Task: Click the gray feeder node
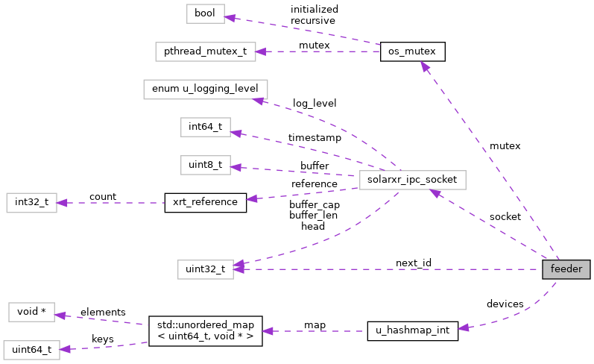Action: coord(566,269)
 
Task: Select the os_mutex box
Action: coord(412,51)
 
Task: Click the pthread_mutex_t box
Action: coord(205,51)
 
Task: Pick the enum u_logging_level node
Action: coord(204,89)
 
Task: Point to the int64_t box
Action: coord(205,127)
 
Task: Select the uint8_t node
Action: coord(205,165)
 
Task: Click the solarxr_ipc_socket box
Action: coord(412,180)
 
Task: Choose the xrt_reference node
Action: coord(205,202)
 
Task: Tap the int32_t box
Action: coord(31,202)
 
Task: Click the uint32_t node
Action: coord(205,269)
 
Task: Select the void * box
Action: coord(31,312)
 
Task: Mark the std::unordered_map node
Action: coord(205,330)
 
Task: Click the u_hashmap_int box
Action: coord(412,330)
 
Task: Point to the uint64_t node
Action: coord(31,349)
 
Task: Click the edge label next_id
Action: coord(413,263)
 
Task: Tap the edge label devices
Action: coord(505,304)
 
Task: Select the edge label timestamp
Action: coord(315,138)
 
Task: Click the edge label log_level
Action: coord(314,102)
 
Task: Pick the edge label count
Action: coord(102,197)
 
